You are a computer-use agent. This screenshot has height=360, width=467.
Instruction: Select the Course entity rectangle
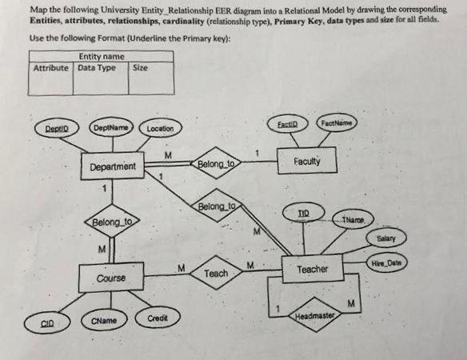(x=110, y=278)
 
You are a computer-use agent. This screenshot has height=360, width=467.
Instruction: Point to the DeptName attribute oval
(x=110, y=127)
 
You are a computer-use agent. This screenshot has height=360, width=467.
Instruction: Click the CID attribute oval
(x=50, y=323)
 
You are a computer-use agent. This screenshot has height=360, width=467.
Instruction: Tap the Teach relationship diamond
(x=217, y=273)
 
